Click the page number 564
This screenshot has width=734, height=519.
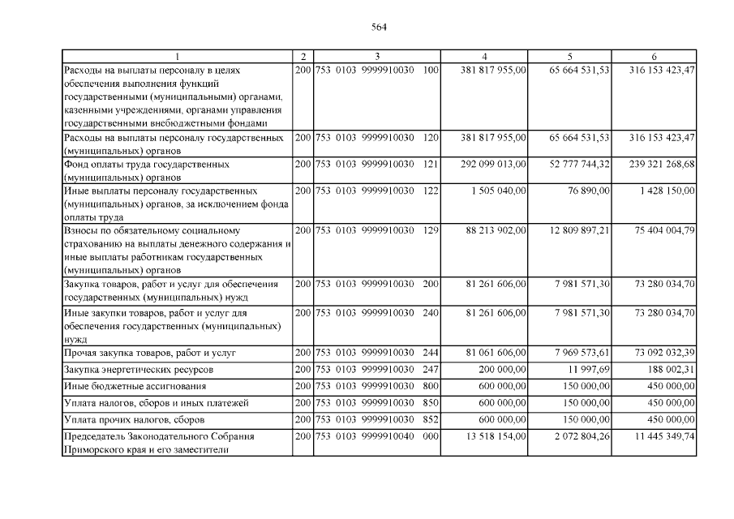click(x=379, y=26)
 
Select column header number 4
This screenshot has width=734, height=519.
click(x=484, y=56)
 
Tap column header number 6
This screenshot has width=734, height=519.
click(x=654, y=56)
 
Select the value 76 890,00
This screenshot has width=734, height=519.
click(x=589, y=191)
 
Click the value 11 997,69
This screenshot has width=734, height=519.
click(x=590, y=370)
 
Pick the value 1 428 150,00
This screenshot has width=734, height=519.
click(x=664, y=191)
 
